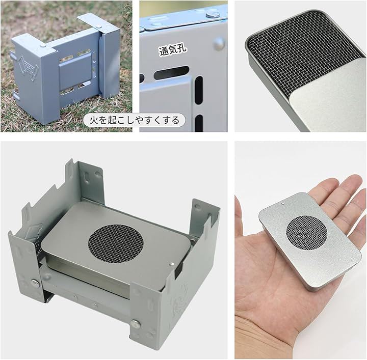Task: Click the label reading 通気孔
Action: (x=173, y=50)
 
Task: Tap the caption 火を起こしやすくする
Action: (x=135, y=120)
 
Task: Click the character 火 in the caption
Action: (x=94, y=120)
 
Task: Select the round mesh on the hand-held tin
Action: (x=306, y=233)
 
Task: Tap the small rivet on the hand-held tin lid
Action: (x=283, y=203)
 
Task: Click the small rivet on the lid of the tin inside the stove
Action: (x=172, y=264)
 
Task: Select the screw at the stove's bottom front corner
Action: (x=135, y=324)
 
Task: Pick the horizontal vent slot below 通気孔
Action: (x=171, y=72)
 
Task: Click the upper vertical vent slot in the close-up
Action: (x=198, y=90)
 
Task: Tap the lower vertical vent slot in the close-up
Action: (x=199, y=123)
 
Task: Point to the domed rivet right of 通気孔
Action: (x=219, y=44)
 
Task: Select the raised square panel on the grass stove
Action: (x=75, y=73)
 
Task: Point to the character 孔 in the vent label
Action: (x=181, y=49)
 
